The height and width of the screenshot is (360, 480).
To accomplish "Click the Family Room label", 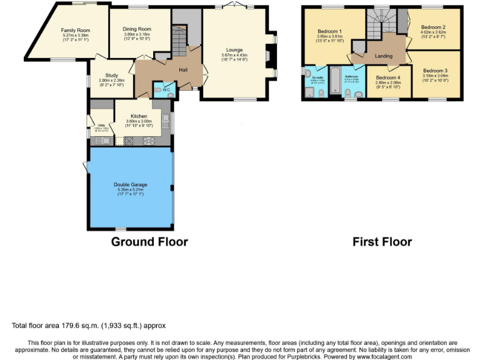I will point(76,30).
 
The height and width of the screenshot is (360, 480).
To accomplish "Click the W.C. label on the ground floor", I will point(167,91).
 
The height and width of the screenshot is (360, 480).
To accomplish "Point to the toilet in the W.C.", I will point(157,90).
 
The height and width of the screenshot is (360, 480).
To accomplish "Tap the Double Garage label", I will point(130,184).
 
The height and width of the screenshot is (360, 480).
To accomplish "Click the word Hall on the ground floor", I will point(183,69).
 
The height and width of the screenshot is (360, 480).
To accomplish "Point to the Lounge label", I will point(234,50).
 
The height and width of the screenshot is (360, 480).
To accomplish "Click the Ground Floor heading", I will point(149,242).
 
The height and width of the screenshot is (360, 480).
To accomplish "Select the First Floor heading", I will point(382,242).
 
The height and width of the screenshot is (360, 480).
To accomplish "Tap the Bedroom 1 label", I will point(329,31).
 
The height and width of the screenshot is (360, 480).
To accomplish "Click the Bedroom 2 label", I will point(432,27).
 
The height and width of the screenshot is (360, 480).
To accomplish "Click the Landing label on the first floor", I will point(383,56).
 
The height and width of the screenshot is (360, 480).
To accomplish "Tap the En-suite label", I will point(309,77).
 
